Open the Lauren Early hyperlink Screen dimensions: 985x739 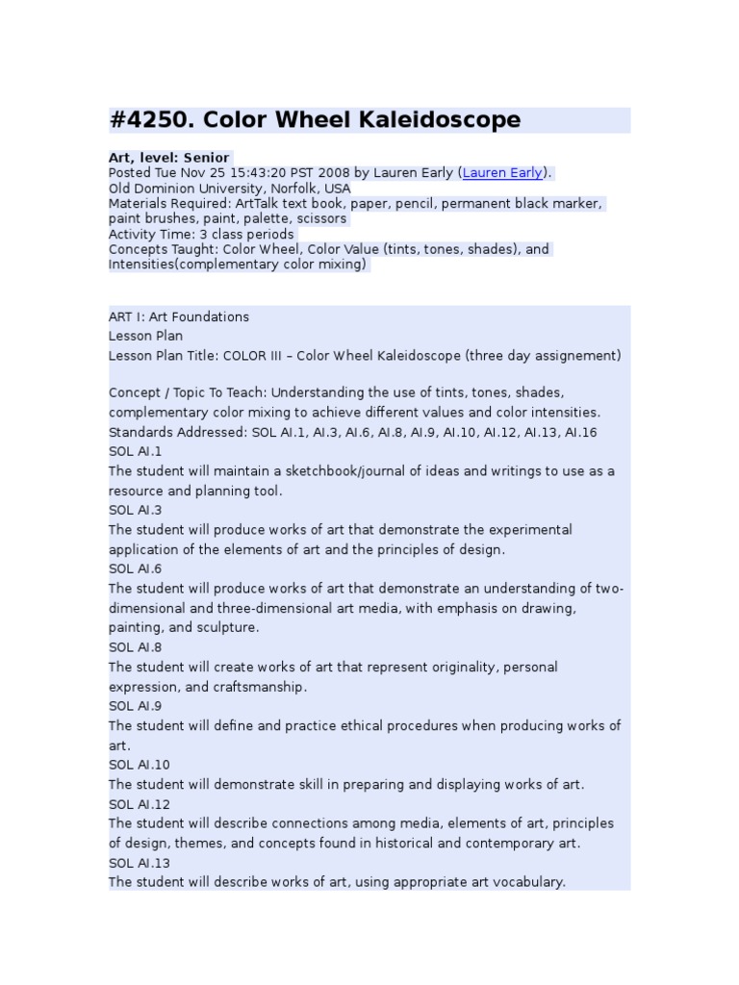click(501, 173)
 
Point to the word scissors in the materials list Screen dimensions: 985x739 click(320, 218)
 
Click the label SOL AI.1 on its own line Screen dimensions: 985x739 click(136, 451)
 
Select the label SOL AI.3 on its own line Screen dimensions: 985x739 click(136, 510)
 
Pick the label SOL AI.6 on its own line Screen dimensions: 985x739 click(136, 568)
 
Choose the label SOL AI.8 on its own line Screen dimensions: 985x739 click(136, 647)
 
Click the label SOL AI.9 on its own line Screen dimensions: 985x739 click(136, 706)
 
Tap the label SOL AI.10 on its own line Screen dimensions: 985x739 click(139, 765)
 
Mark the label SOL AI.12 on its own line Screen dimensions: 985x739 click(139, 804)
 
